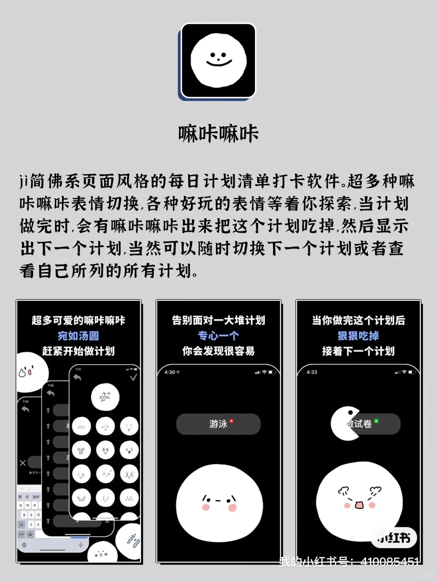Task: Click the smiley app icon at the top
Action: click(x=218, y=61)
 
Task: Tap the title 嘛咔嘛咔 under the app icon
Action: click(x=218, y=134)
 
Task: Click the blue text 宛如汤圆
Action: click(x=78, y=336)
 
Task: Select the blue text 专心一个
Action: click(x=218, y=336)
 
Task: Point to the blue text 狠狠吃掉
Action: click(x=359, y=336)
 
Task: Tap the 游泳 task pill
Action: click(x=218, y=424)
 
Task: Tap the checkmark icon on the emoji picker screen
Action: click(x=133, y=377)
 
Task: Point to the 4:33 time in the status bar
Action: click(x=312, y=372)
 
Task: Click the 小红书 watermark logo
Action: click(x=394, y=538)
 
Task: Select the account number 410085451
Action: click(x=389, y=562)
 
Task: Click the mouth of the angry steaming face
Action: click(x=359, y=505)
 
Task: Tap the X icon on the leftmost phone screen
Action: click(x=23, y=463)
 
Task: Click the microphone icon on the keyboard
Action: click(x=81, y=545)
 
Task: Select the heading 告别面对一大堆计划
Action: click(x=218, y=321)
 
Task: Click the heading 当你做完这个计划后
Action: click(x=359, y=321)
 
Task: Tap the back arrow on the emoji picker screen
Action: click(x=77, y=377)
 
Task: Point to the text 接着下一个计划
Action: click(x=359, y=351)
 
